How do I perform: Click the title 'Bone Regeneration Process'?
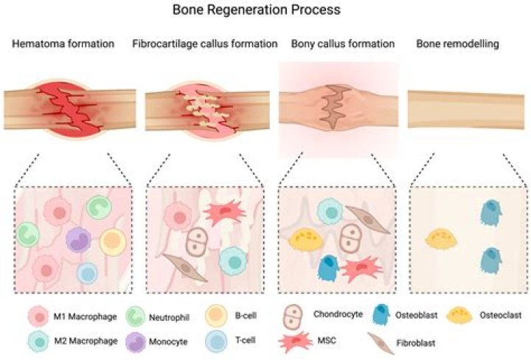[265, 11]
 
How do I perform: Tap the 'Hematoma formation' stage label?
[63, 44]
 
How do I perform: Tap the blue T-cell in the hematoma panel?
[88, 273]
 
